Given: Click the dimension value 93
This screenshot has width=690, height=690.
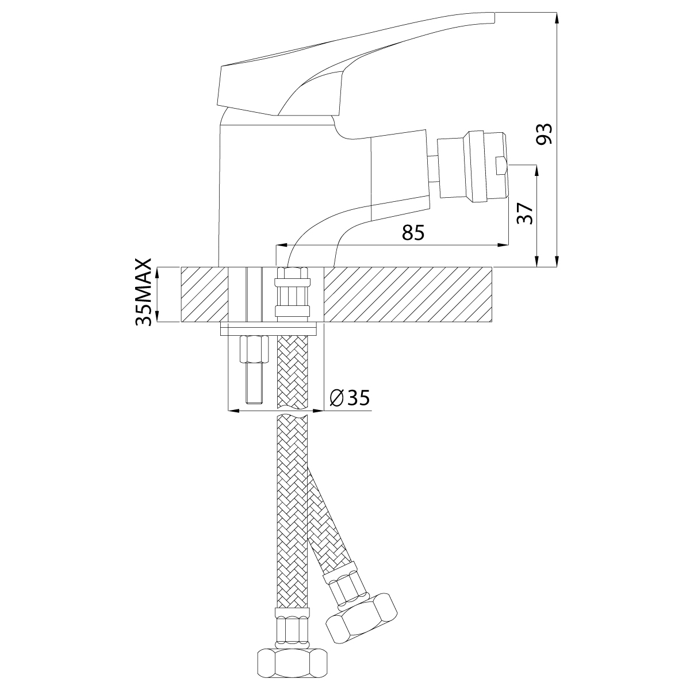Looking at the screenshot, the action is (544, 133).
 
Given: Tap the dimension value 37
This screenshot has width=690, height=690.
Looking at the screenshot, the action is (526, 214).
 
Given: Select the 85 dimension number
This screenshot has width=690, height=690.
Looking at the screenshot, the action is (413, 233).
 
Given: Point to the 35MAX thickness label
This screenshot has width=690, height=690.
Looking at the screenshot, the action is (144, 292).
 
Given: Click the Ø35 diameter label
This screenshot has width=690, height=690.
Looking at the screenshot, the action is (349, 397).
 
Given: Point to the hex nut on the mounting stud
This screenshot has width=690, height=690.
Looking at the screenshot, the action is (255, 349).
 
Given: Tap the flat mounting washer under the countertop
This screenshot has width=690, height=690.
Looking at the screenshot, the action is (269, 329).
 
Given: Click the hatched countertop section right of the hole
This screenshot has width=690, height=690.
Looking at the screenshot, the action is (408, 295).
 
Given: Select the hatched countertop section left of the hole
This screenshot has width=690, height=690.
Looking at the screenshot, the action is (205, 295).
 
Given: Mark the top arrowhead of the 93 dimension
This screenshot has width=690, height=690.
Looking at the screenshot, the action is (557, 17).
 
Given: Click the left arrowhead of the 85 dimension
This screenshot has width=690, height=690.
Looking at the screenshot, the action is (281, 246).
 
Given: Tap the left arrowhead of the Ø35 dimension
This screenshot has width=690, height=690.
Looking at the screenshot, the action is (234, 411).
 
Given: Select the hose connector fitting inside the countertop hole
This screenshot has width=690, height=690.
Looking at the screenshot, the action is (292, 293).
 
